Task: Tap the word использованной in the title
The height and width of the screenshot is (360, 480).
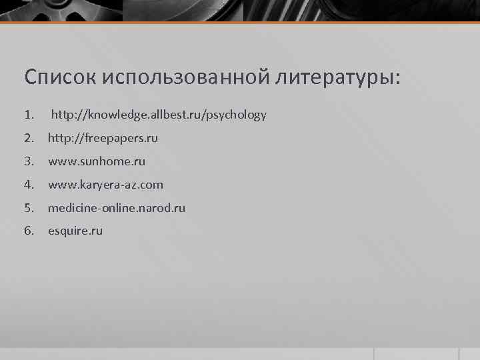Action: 185,77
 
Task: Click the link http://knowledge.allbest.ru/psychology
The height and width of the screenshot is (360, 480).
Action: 159,115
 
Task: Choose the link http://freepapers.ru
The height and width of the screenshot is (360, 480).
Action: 103,138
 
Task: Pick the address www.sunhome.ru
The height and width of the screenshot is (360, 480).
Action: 96,161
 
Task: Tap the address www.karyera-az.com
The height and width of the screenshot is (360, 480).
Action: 105,185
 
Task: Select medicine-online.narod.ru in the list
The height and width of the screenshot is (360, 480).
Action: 117,208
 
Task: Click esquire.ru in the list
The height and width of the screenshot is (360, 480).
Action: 75,231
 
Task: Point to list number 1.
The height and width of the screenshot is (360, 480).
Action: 28,115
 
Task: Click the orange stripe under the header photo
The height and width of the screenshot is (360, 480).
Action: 240,23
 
